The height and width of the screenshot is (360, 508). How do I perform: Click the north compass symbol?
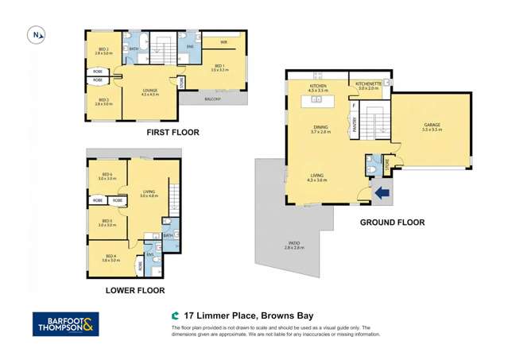tap(37, 34)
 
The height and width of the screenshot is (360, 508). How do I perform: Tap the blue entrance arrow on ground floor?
tap(382, 191)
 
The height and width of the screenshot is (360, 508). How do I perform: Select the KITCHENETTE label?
tap(369, 83)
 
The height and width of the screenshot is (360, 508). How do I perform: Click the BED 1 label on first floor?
tap(219, 67)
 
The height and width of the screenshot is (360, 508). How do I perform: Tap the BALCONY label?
tap(212, 99)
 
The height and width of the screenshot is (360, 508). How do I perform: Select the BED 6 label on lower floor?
tap(107, 176)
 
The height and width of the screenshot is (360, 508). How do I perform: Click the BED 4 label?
tap(110, 256)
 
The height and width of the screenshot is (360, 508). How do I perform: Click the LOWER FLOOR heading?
tap(135, 291)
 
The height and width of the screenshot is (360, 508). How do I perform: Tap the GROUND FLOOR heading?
tap(392, 223)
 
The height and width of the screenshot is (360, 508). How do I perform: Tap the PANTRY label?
tap(353, 124)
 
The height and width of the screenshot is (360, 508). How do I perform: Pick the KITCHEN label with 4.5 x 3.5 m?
tap(318, 87)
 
